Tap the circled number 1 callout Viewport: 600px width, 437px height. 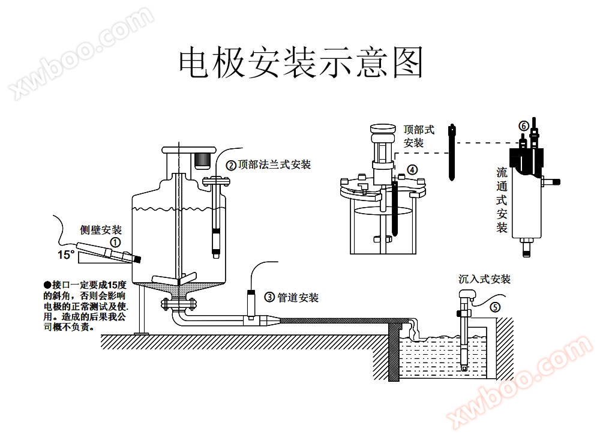tap(115, 242)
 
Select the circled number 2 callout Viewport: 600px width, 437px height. tap(230, 164)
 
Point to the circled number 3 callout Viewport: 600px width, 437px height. tap(269, 297)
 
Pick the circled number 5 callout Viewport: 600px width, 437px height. tap(494, 307)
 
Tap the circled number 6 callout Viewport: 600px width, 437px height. tap(523, 125)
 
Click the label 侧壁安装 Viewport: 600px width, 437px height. tap(101, 230)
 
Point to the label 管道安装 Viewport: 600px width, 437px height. tap(298, 297)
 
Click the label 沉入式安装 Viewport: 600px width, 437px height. tap(484, 279)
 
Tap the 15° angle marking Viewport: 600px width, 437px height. tap(66, 255)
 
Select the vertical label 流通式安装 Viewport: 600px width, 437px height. tap(502, 200)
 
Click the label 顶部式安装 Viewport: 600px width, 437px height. tap(418, 136)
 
